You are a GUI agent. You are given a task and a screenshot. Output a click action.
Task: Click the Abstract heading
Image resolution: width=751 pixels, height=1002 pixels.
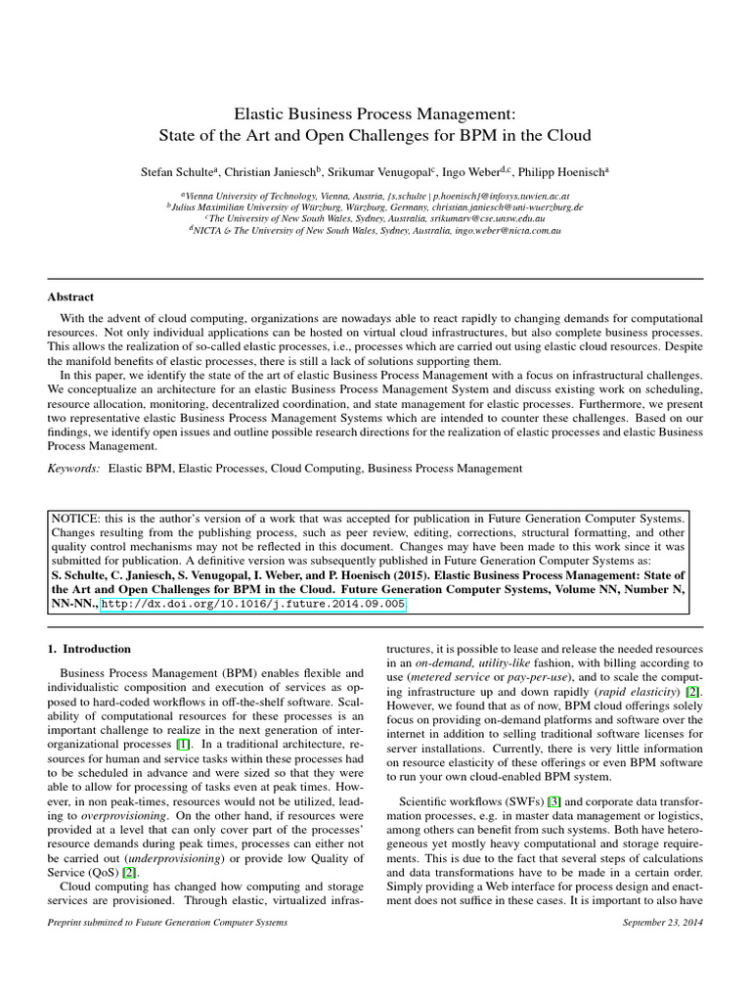click(70, 296)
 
